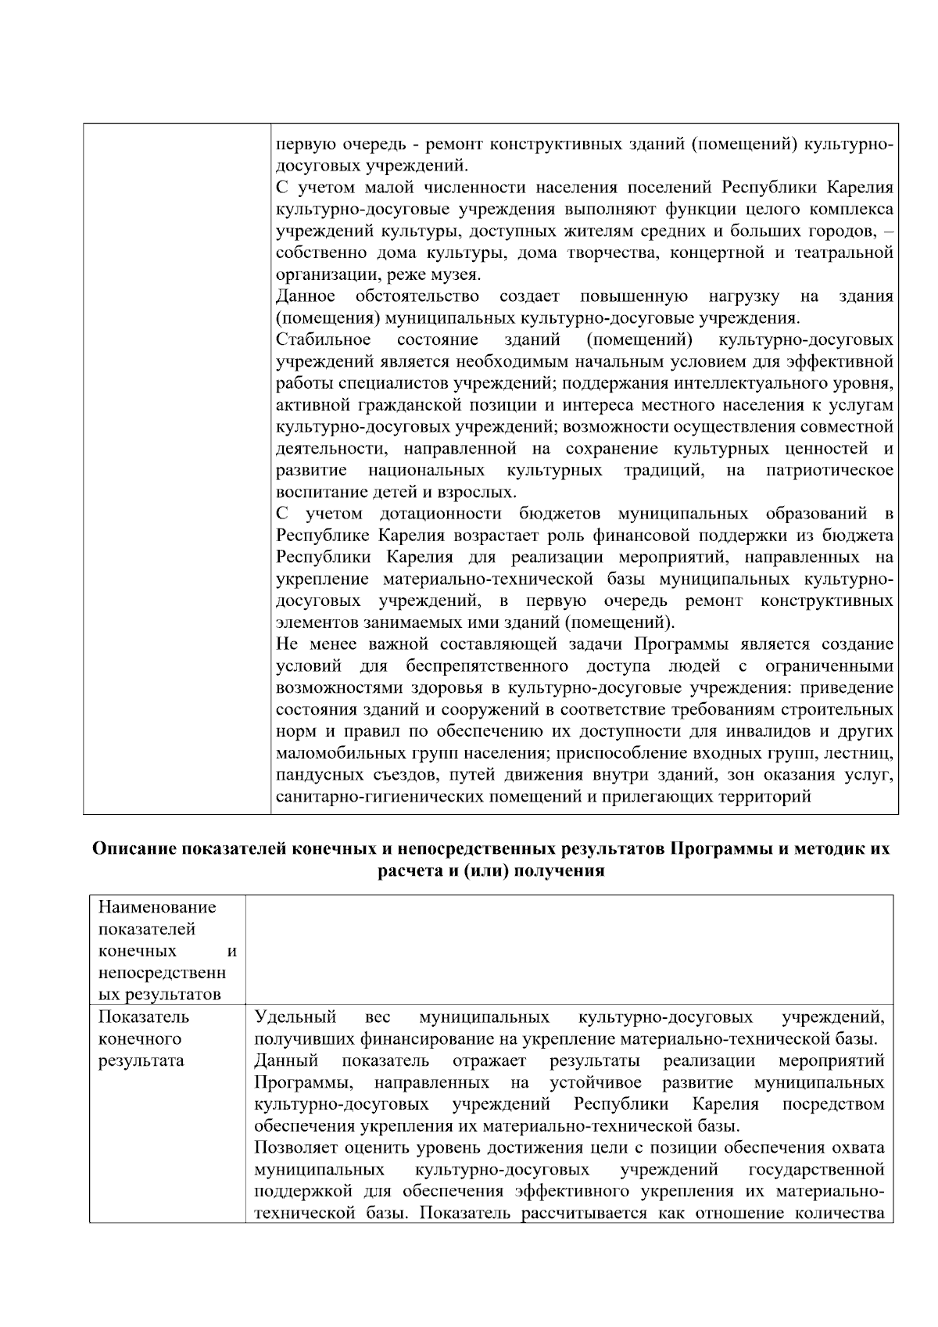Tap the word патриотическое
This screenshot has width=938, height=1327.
[829, 471]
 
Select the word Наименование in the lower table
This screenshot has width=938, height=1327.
[157, 908]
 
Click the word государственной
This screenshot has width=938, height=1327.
[816, 1170]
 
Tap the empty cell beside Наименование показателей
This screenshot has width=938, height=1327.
[569, 950]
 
